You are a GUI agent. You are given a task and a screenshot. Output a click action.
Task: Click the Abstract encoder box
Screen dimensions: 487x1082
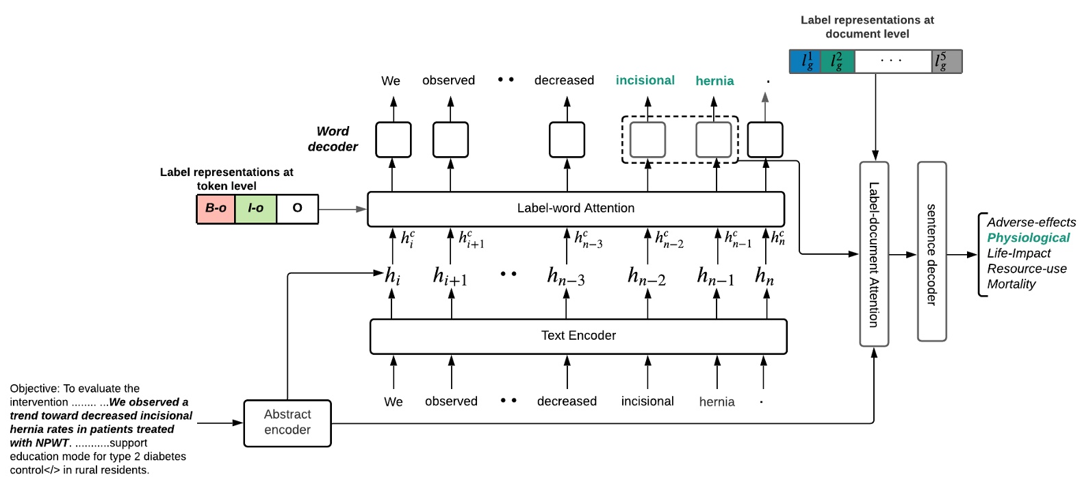coord(287,423)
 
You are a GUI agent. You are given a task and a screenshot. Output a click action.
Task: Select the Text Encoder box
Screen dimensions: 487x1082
coord(578,336)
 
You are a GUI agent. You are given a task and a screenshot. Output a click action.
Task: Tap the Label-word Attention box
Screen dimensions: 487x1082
coord(576,208)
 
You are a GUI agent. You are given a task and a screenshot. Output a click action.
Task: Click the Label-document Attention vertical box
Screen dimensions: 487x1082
coord(874,254)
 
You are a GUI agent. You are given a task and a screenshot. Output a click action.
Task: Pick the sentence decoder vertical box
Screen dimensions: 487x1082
coord(931,252)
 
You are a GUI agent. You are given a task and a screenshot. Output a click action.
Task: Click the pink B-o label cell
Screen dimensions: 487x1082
coord(216,208)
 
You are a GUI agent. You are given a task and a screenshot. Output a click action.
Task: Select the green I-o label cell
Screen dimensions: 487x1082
coord(256,208)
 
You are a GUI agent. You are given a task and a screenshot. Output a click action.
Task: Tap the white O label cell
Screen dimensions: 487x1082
coord(298,208)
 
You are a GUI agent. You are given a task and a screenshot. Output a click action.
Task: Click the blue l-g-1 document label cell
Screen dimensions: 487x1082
coord(806,62)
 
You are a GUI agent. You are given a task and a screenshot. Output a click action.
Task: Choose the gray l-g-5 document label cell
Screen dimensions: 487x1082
coord(947,62)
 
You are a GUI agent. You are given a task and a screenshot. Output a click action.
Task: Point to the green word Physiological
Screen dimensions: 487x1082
coord(1028,238)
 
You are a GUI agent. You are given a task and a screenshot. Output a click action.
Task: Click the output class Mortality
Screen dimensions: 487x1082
coord(1011,284)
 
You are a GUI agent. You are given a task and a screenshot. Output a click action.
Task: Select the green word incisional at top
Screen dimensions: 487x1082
coord(645,80)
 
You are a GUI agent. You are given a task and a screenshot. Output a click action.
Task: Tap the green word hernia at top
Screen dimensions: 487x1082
coord(714,81)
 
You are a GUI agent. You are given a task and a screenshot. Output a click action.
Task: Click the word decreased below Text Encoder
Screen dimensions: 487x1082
coord(567,401)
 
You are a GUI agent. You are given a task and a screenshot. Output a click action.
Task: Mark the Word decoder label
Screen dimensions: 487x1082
coord(333,139)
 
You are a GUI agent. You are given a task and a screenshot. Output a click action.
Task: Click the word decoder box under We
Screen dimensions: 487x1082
coord(394,140)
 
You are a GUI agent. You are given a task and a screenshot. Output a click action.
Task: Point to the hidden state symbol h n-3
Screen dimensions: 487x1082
coord(566,276)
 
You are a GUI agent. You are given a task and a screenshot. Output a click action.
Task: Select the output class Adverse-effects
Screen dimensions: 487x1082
coord(1031,223)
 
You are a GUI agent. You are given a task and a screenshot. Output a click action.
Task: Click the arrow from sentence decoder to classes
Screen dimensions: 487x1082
coord(962,255)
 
